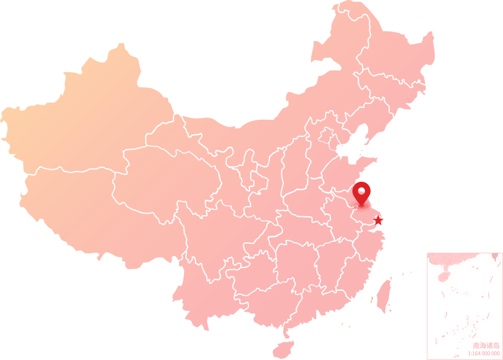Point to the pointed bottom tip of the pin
point(360,205)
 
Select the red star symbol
point(379,220)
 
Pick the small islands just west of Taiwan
point(371,299)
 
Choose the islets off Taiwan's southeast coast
point(389,307)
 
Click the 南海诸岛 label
point(486,345)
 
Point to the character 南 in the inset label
point(476,345)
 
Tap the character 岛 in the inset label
point(496,345)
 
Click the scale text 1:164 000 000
point(484,353)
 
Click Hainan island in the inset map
point(444,277)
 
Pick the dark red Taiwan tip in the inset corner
point(494,257)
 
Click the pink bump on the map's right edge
point(431,48)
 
